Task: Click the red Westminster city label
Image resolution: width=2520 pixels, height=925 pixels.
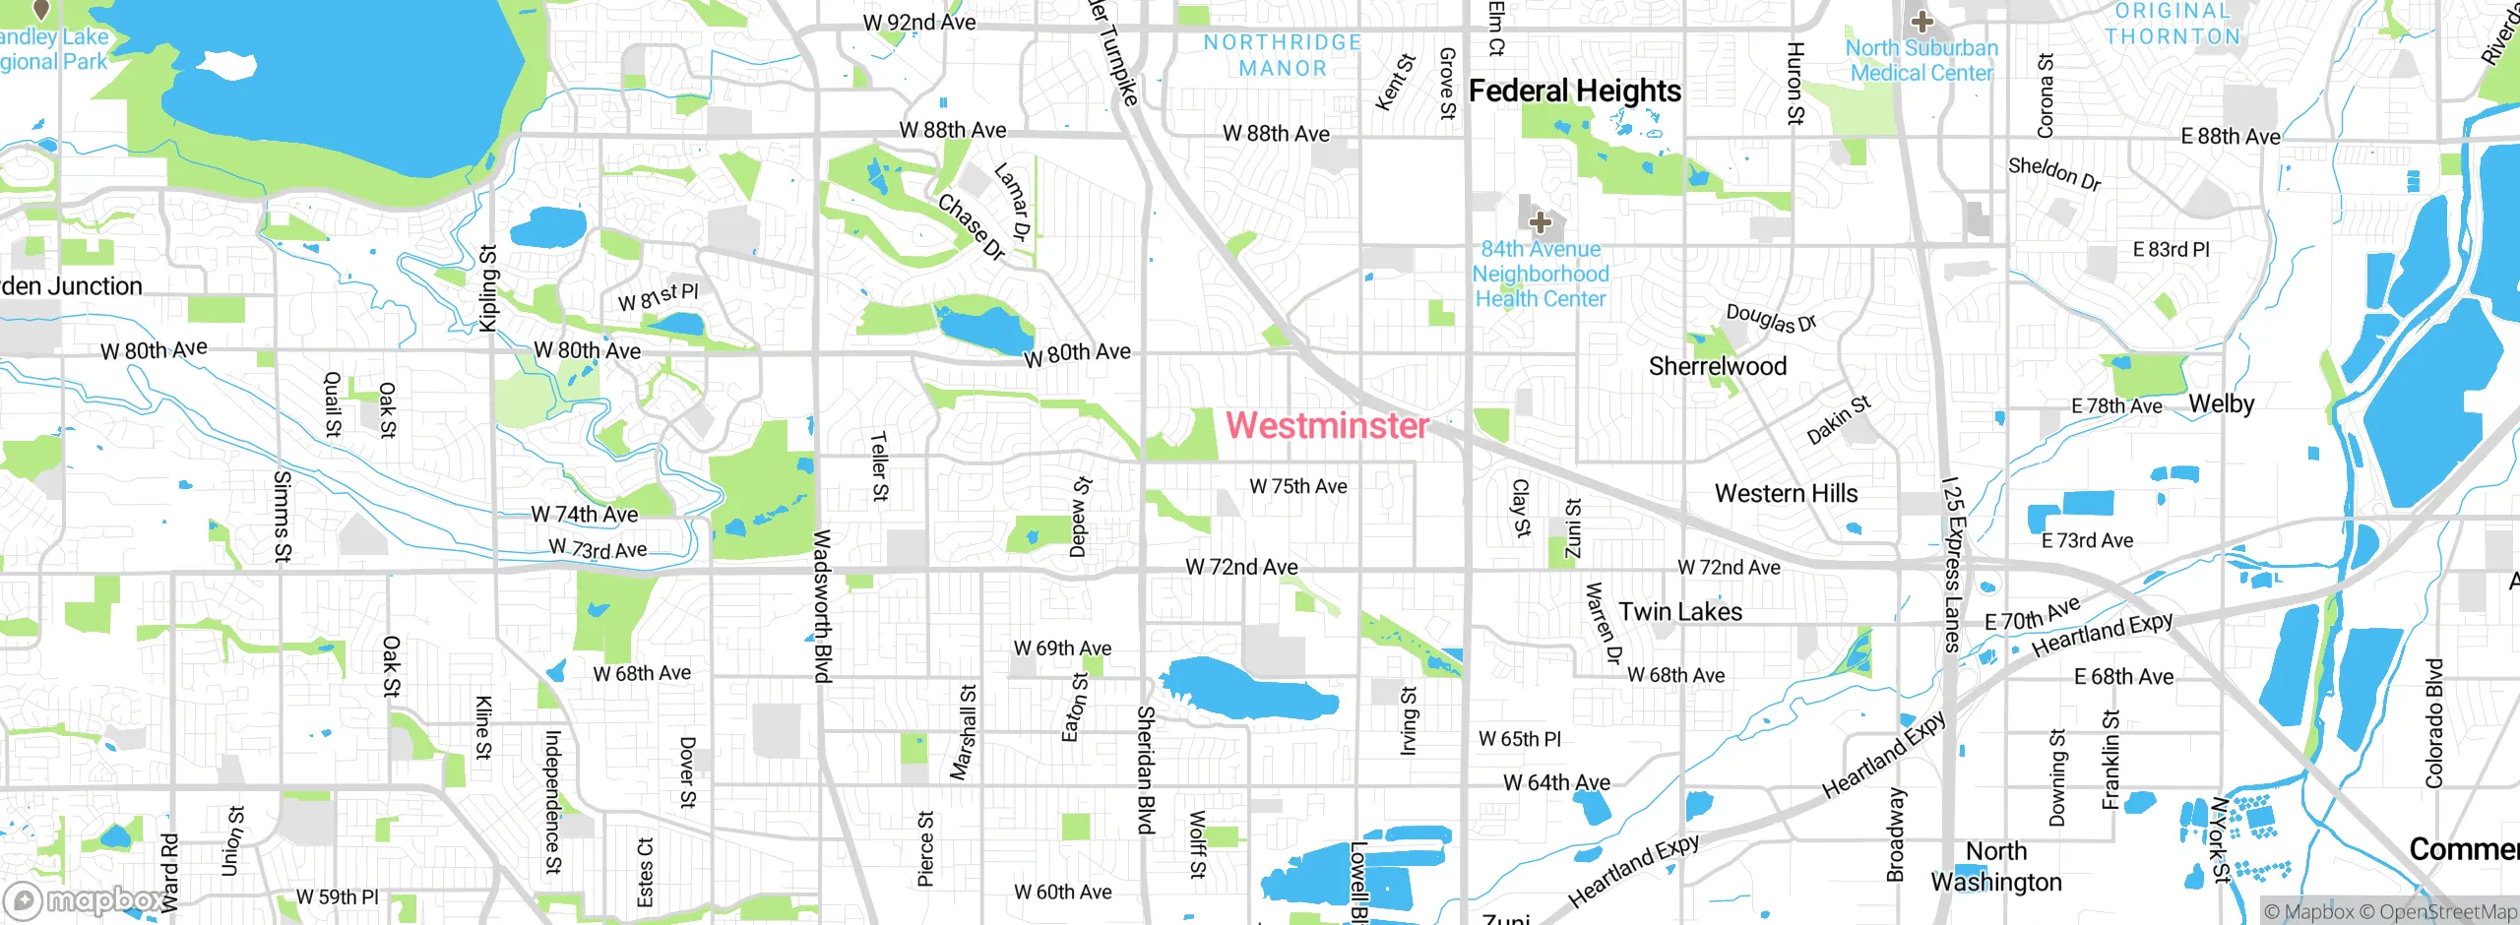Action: tap(1327, 425)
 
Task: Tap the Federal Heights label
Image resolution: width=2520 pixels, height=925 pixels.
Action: tap(1574, 91)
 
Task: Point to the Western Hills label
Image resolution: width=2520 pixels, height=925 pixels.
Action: tap(1786, 493)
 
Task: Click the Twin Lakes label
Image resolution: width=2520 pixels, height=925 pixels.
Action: tap(1680, 611)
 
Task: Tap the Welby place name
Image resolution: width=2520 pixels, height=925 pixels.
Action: tap(2221, 403)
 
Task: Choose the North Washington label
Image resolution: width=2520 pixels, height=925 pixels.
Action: tap(1995, 866)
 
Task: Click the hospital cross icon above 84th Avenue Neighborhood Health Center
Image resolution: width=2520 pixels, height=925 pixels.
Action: tap(1541, 221)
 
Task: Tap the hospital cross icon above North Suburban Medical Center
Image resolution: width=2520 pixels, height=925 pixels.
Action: tap(1921, 21)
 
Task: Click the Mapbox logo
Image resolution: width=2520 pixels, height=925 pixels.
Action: tap(84, 899)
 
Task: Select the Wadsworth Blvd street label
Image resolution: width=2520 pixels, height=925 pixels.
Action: tap(822, 605)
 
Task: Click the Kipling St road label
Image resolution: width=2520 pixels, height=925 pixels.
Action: tap(487, 288)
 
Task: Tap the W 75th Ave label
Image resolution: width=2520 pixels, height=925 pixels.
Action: tap(1297, 486)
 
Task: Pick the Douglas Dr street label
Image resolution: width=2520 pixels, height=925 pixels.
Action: tap(1770, 318)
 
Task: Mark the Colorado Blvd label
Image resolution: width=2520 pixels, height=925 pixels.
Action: tap(2433, 723)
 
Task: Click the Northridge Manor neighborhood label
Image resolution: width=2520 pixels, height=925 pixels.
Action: tap(1282, 55)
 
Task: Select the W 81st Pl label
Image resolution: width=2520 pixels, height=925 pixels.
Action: tap(658, 296)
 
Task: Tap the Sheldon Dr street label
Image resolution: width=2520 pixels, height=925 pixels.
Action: tap(2054, 173)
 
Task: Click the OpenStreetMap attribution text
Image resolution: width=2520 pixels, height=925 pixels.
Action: tap(2447, 912)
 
